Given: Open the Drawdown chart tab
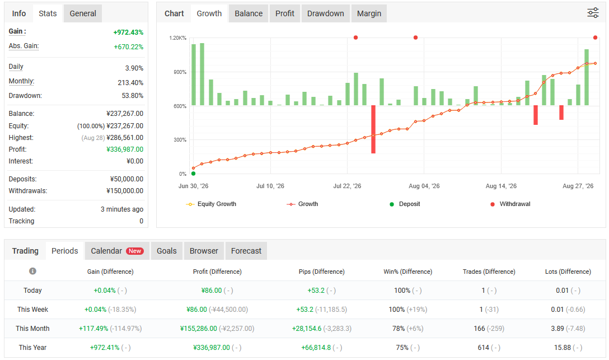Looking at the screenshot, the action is click(325, 13).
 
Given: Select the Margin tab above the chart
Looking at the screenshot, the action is click(369, 13).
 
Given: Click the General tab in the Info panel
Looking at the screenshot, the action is click(83, 13).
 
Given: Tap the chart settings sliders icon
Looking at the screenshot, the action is click(593, 13).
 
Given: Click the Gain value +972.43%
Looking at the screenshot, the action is click(128, 32).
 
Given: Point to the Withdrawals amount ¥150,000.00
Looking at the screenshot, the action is click(125, 191).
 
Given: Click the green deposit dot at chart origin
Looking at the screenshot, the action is click(194, 174).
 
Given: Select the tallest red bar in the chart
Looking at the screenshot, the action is click(373, 129).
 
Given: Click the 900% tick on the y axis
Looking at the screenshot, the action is click(180, 72).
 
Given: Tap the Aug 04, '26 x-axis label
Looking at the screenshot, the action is click(424, 186).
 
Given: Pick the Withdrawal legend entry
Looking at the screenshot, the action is click(510, 204).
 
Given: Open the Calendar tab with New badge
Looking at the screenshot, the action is click(118, 251).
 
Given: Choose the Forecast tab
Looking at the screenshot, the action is click(246, 251).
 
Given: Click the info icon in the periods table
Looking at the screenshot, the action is click(32, 271).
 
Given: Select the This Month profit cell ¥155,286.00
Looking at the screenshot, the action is click(199, 329).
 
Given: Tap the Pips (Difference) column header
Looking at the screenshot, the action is click(322, 272).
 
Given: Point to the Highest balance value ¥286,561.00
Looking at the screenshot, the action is click(125, 138).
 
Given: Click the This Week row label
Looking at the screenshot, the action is click(32, 310).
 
